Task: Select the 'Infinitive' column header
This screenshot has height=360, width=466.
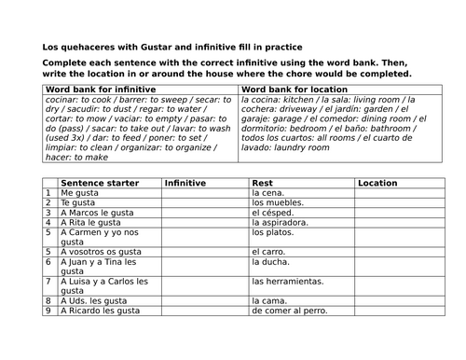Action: click(185, 184)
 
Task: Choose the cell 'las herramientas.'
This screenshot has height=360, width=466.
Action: click(289, 281)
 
